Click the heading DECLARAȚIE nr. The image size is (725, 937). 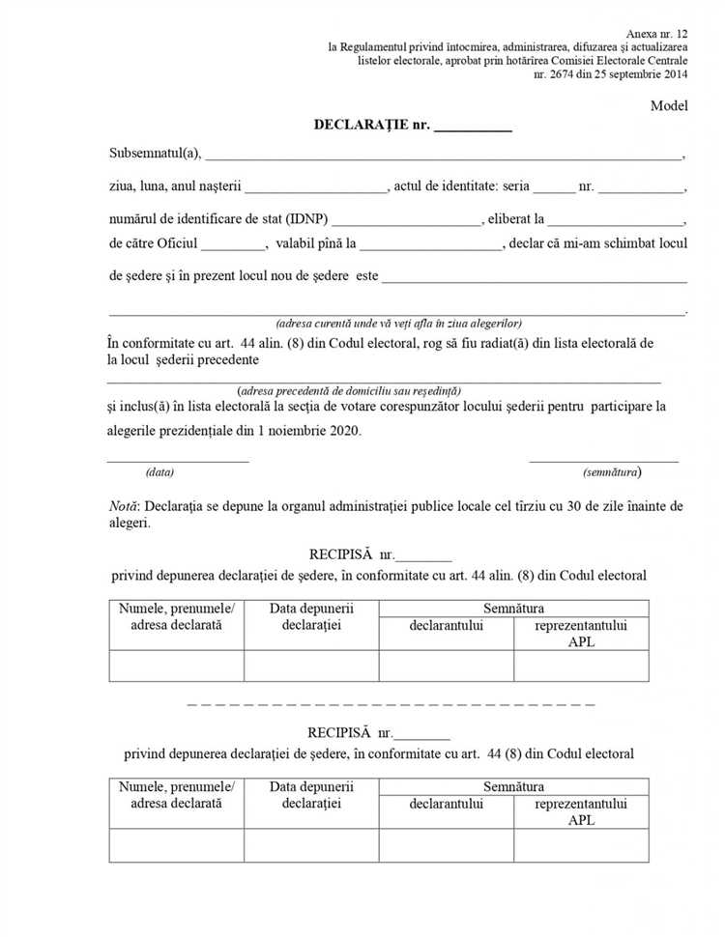(x=371, y=125)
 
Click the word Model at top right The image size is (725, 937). (x=668, y=105)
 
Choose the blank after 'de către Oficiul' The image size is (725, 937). (x=233, y=244)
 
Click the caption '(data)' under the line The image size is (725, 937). (x=159, y=472)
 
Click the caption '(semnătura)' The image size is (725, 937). (x=612, y=472)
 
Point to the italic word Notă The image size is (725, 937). (x=124, y=505)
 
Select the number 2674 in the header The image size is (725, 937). (x=565, y=73)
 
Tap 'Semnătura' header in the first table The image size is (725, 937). (x=513, y=609)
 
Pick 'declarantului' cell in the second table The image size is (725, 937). (x=446, y=804)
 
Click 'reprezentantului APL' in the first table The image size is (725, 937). (x=581, y=634)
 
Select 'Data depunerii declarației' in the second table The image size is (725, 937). (x=311, y=795)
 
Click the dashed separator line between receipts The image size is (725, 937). (x=391, y=704)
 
